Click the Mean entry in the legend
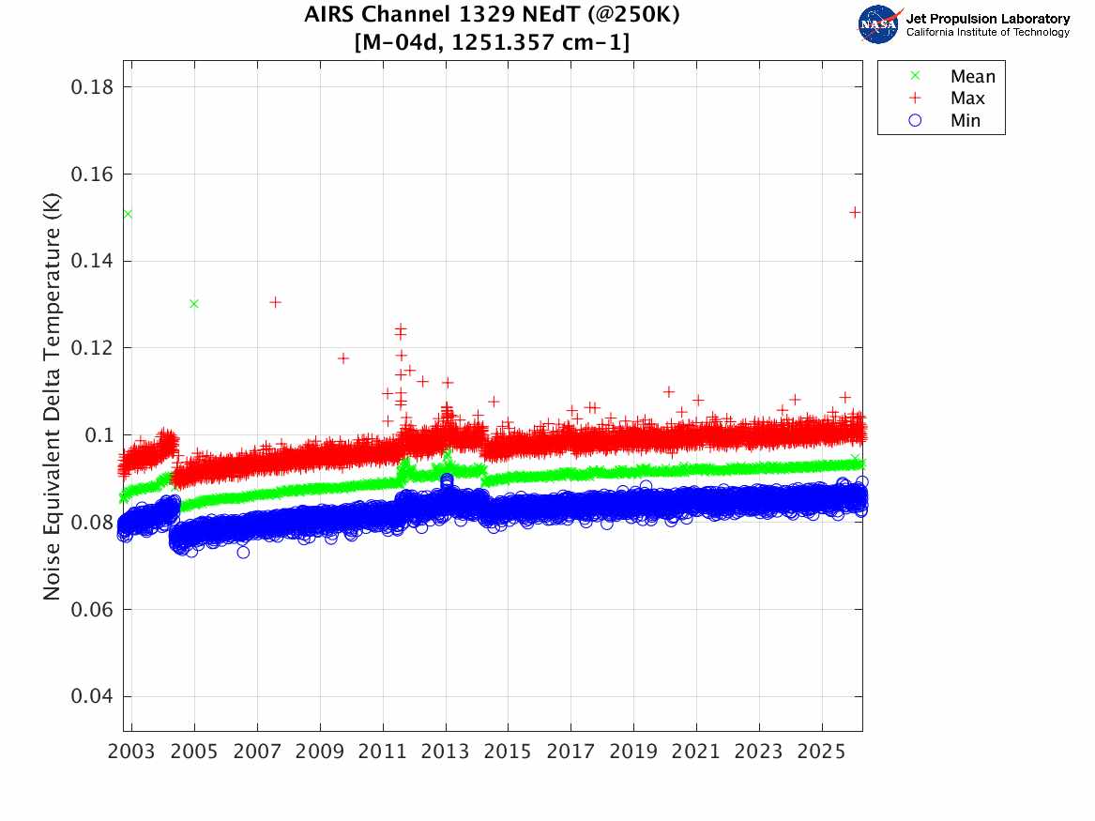pos(971,76)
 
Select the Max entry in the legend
pos(966,99)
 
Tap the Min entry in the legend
pos(965,120)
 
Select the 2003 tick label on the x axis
pos(132,753)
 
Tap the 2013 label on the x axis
pos(446,753)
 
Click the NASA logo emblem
pos(878,24)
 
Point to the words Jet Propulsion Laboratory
pos(987,19)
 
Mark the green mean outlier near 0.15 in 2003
pos(127,214)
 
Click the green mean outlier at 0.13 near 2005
pos(194,303)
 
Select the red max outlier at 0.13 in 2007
pos(276,302)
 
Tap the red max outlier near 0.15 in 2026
pos(855,212)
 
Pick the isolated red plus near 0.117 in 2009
pos(343,358)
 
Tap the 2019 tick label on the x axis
pos(634,753)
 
